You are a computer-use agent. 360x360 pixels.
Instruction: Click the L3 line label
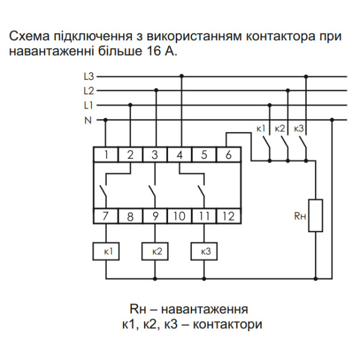click(88, 76)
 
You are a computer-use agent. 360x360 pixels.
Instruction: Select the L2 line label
click(88, 91)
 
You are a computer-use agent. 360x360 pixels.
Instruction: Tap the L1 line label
click(88, 105)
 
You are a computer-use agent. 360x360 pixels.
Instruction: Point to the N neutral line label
click(88, 120)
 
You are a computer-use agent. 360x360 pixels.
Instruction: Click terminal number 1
click(106, 154)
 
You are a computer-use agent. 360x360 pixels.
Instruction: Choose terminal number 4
click(179, 154)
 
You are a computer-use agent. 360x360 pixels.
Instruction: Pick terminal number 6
click(228, 154)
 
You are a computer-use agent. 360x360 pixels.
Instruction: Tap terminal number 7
click(106, 215)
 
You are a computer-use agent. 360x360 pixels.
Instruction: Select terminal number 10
click(179, 215)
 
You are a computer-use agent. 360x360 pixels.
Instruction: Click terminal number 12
click(228, 215)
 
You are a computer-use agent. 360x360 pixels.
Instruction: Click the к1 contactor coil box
click(106, 251)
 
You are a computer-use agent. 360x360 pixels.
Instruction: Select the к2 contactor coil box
click(155, 251)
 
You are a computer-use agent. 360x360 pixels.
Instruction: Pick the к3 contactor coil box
click(204, 251)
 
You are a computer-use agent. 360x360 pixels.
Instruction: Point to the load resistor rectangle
click(316, 215)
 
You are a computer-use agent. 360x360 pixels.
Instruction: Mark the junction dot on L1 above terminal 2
click(131, 105)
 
